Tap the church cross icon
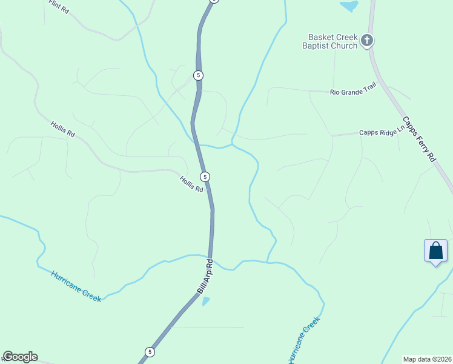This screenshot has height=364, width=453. coord(366,41)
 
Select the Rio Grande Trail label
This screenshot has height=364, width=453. coord(353,92)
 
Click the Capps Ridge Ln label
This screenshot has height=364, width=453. coord(381,131)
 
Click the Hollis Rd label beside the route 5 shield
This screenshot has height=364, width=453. coord(191,183)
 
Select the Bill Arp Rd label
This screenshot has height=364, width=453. coord(206,277)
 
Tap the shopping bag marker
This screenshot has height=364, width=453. coord(436,250)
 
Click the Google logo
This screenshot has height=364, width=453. coord(20,357)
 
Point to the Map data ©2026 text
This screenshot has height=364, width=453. coord(427,359)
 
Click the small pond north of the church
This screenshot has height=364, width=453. coord(349,6)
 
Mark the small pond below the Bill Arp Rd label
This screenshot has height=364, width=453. coord(206,300)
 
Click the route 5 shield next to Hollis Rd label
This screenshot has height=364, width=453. coord(206,177)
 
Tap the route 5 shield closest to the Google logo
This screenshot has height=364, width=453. coord(149,352)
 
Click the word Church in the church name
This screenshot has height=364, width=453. coord(344,45)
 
